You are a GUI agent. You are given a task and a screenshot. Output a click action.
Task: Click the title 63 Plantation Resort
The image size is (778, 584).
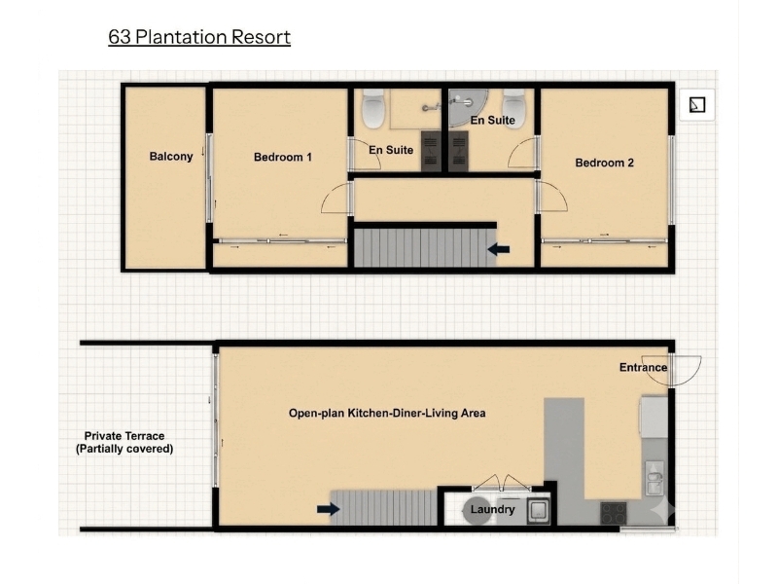point(199,37)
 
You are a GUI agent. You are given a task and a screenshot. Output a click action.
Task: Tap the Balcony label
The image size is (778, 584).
point(171,157)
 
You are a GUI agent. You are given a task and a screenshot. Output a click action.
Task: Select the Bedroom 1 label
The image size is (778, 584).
point(283,158)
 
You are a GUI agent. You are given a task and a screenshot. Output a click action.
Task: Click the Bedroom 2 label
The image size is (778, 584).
point(604,163)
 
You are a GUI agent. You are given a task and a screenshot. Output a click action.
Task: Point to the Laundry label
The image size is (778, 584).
point(492,509)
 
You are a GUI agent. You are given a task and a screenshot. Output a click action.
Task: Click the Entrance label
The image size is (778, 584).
point(643,368)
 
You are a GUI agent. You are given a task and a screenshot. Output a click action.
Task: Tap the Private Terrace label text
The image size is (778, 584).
point(124,443)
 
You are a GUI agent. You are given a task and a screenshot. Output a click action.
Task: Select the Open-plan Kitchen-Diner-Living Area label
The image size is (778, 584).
point(387,413)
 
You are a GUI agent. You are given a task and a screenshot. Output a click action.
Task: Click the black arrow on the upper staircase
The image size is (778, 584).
point(499,249)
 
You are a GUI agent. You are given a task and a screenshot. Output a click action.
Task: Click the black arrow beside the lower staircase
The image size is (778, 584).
point(329,508)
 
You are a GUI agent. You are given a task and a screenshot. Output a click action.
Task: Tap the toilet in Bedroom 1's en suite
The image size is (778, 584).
point(373,108)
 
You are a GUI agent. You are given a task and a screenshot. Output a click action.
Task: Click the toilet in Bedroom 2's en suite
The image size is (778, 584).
point(513,108)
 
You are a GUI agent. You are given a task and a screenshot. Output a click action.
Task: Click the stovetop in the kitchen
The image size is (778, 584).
point(614,513)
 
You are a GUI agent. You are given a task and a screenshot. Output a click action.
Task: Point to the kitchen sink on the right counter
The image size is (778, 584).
point(654,478)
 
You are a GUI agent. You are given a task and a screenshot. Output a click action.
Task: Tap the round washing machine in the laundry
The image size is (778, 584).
point(477,510)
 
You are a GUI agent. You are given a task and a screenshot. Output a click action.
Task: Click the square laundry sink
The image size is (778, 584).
point(539,510)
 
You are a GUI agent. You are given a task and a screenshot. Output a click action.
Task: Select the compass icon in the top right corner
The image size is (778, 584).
point(697,105)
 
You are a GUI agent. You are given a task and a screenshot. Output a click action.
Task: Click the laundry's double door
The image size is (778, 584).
point(502,484)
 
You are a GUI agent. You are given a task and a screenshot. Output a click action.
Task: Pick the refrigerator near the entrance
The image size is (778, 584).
point(654,417)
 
